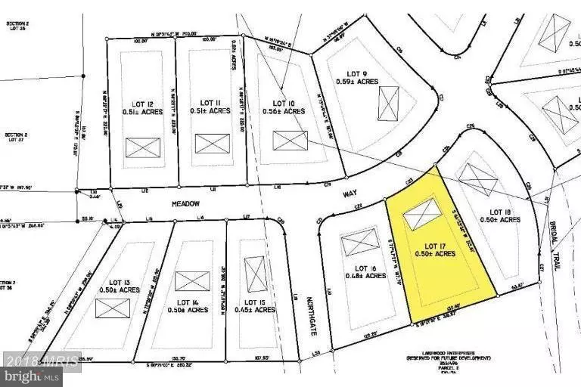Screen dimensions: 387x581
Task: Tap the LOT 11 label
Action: pyautogui.click(x=210, y=103)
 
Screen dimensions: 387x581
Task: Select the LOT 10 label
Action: pyautogui.click(x=284, y=103)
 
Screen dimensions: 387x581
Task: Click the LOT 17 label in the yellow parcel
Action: pyautogui.click(x=434, y=246)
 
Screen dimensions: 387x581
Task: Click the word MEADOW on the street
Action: pyautogui.click(x=185, y=203)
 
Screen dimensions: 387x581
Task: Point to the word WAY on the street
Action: pyautogui.click(x=350, y=193)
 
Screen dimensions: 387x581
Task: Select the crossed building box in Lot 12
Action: pyautogui.click(x=143, y=147)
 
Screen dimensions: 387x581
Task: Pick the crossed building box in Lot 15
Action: pyautogui.click(x=256, y=274)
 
